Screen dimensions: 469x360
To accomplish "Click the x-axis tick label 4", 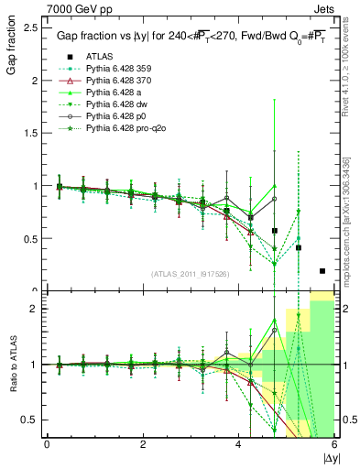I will (x=239, y=444).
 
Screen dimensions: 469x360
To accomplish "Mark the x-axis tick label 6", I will (x=334, y=444).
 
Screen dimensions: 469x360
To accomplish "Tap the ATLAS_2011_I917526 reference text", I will (x=191, y=274).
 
